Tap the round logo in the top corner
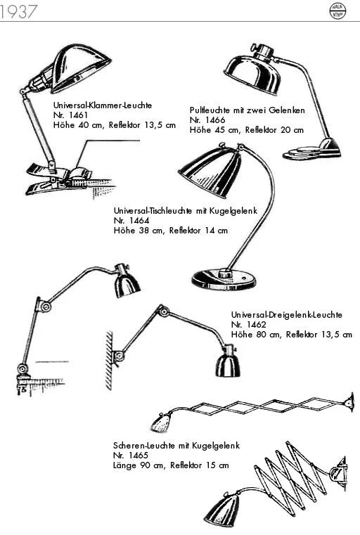click(337, 11)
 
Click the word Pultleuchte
click(210, 110)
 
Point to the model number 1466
click(215, 120)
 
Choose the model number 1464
click(139, 221)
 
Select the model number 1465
click(139, 455)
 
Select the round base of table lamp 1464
click(224, 279)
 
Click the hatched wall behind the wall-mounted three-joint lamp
click(109, 361)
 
